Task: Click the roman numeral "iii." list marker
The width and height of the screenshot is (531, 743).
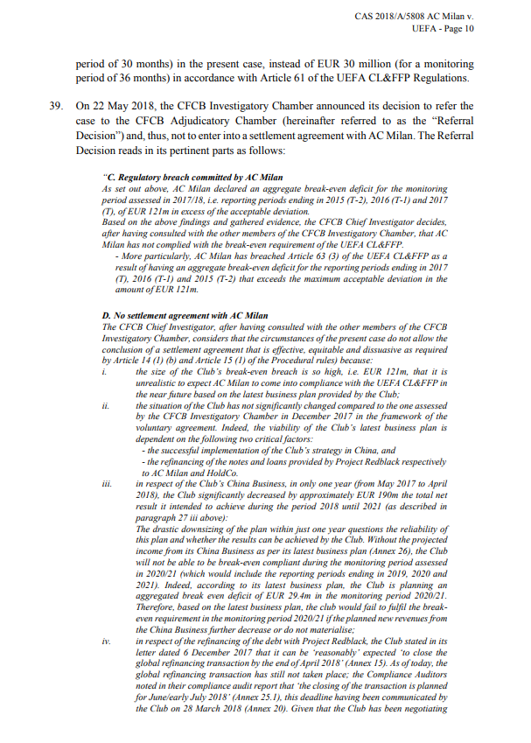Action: tap(108, 483)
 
